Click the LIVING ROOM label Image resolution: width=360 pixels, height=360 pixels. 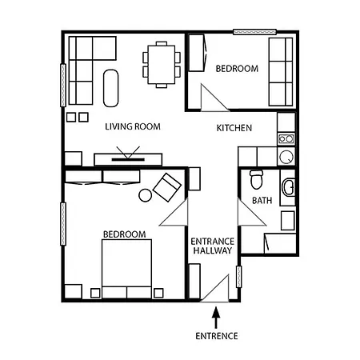coord(134,126)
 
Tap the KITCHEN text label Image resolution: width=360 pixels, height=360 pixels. coord(234,128)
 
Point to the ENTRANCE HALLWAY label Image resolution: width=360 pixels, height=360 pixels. coord(213,246)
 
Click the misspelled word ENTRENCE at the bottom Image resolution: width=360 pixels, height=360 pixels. coord(216,336)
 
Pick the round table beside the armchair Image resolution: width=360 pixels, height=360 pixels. coord(146,194)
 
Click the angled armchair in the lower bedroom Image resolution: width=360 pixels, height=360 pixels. coord(168,188)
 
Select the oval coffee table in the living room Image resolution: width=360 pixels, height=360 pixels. coord(113,86)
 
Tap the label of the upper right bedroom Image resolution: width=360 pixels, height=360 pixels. coord(237,69)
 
